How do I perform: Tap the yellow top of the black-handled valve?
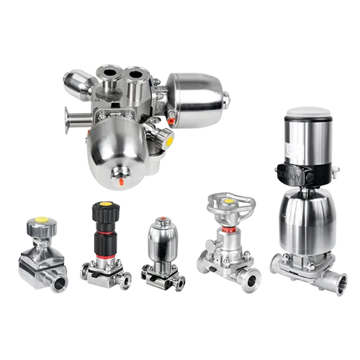(x=101, y=204)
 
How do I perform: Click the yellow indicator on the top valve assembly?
(x=169, y=141)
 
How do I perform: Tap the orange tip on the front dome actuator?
(x=121, y=181)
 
